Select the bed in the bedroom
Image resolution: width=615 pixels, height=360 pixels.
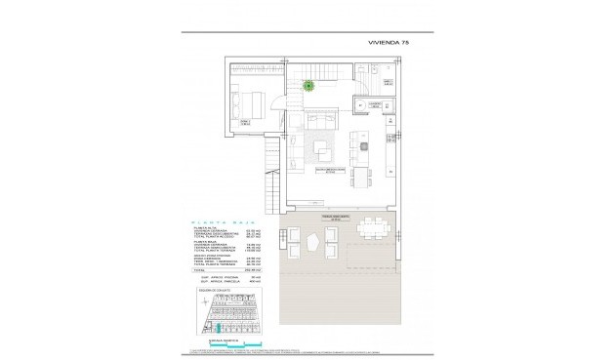pos(248,100)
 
